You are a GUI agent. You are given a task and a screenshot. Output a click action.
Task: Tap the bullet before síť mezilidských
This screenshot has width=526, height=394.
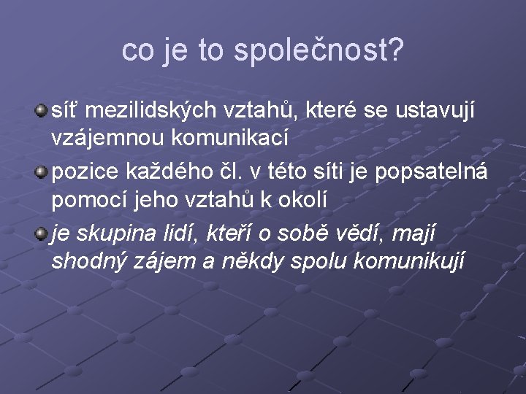click(x=42, y=110)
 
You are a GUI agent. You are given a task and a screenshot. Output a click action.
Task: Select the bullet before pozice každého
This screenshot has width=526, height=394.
click(x=42, y=173)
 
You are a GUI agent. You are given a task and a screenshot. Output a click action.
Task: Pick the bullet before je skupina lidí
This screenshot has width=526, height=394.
click(x=42, y=234)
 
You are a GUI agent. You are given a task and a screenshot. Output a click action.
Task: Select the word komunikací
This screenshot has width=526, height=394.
click(x=224, y=136)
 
